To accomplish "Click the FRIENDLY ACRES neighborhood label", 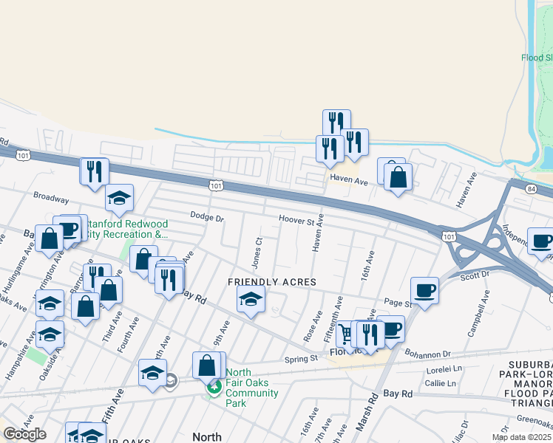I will point(271,283).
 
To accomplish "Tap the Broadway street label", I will point(51,199).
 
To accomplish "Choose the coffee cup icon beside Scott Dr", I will point(424,290).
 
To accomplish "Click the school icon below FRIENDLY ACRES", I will point(251,300).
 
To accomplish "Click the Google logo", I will point(24,434).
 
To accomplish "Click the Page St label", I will point(397,303).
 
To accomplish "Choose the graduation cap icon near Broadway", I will point(118,197).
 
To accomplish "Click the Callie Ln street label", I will point(440,384).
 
